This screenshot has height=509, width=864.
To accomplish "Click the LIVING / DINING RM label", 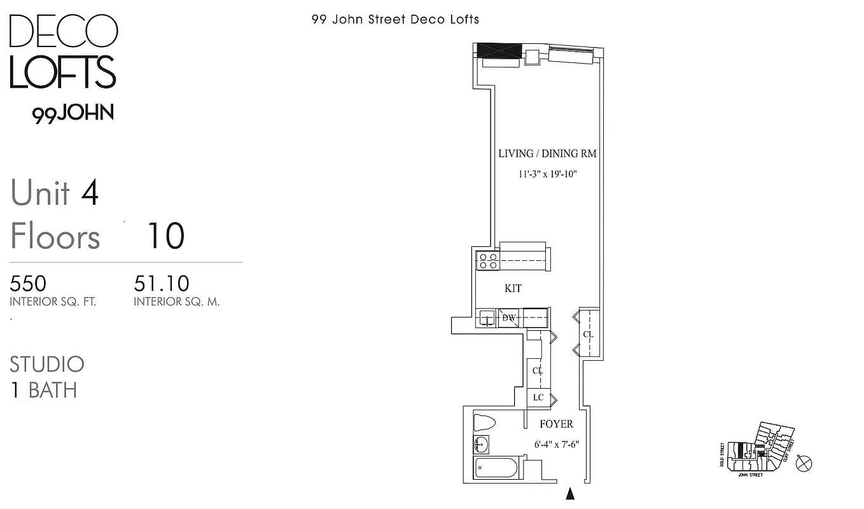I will [x=547, y=153].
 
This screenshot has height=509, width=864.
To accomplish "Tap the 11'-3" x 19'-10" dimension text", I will [x=547, y=174].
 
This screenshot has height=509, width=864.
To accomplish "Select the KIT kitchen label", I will [x=513, y=288].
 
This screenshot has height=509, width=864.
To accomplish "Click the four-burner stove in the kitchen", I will [x=488, y=261].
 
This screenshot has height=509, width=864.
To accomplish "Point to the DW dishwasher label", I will [x=509, y=317].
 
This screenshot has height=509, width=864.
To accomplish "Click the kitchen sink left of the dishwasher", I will [x=487, y=318].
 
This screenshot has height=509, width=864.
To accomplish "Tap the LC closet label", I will [x=538, y=398].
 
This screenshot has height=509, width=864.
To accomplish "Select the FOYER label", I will [x=556, y=424].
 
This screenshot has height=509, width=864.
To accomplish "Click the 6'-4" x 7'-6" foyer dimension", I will [x=556, y=445].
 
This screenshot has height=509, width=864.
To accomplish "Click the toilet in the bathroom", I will [x=485, y=422].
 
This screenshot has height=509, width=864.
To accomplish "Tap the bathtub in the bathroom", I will [x=496, y=470].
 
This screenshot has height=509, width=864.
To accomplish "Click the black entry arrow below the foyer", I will [x=570, y=494].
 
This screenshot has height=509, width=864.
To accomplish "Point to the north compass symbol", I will [x=804, y=463].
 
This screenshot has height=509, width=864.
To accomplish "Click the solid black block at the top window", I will [x=499, y=50].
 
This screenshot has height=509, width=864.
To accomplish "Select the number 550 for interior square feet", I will [x=28, y=283].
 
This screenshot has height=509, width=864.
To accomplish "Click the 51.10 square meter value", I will [x=162, y=283].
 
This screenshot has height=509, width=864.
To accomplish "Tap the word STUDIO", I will [x=47, y=365].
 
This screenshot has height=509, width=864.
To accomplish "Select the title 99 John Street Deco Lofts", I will [x=395, y=19].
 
